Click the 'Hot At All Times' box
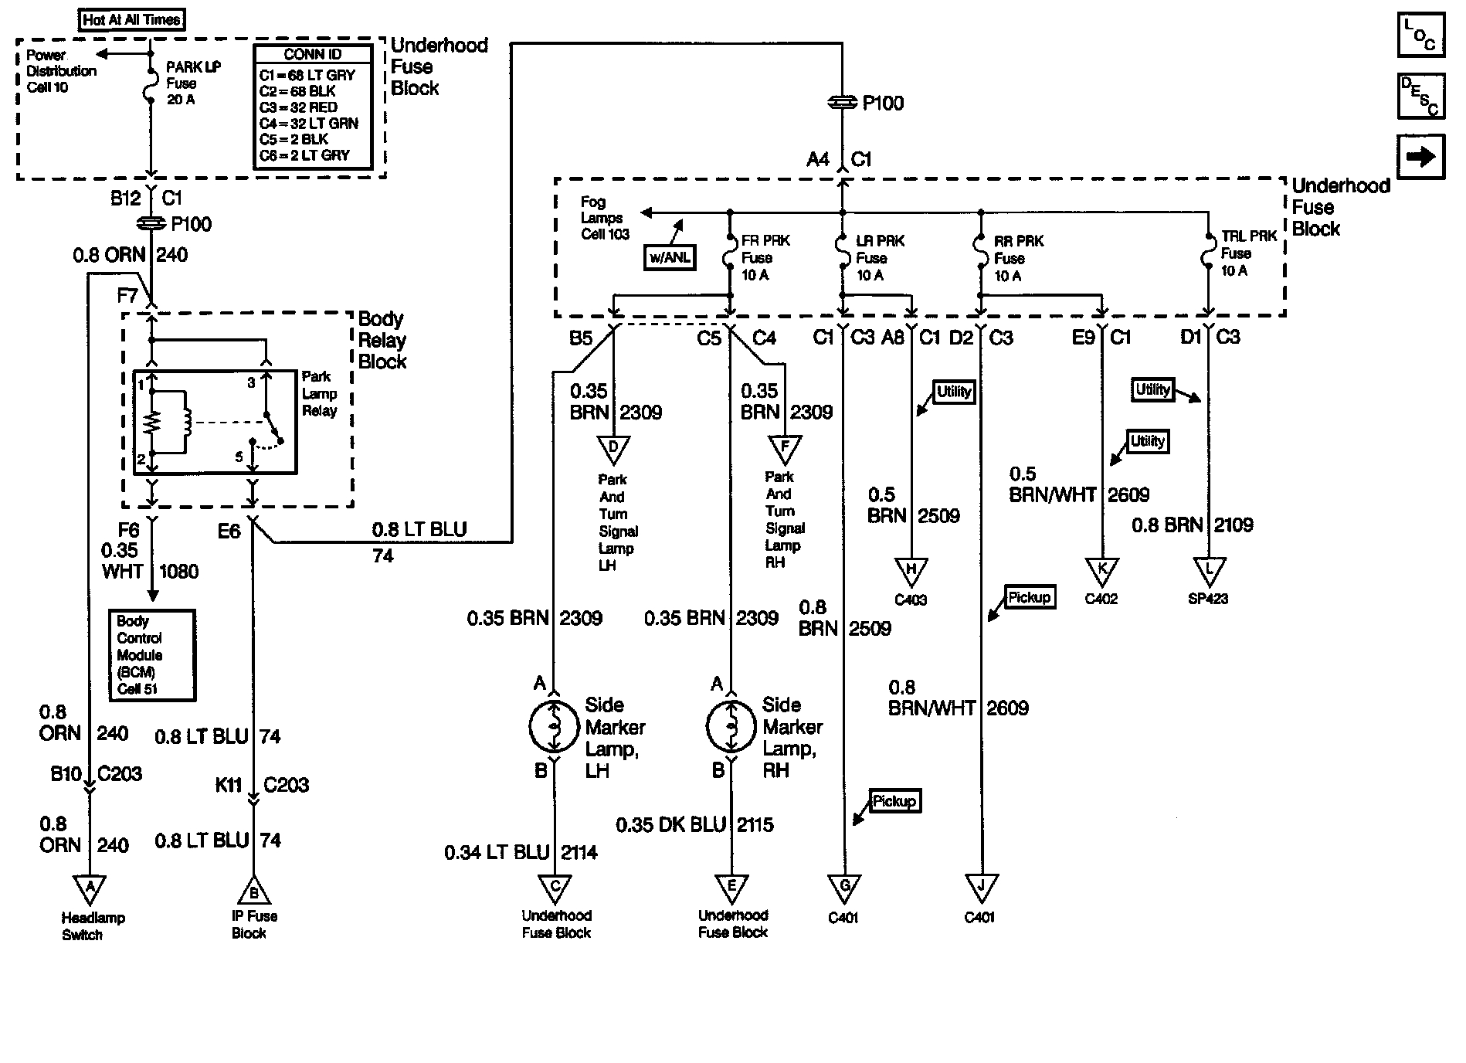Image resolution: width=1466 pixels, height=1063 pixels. click(132, 19)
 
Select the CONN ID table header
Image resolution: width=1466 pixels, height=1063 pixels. click(313, 54)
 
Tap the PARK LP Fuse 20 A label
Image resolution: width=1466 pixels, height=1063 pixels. click(193, 83)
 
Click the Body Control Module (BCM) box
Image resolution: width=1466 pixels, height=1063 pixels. click(151, 655)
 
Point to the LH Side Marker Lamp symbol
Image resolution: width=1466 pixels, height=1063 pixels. click(554, 726)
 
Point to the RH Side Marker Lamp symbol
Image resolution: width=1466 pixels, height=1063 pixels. click(731, 726)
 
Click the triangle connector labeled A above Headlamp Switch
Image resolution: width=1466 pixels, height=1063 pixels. click(90, 888)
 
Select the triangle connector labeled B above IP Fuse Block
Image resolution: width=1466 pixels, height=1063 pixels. click(253, 891)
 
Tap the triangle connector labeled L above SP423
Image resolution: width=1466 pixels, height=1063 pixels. click(1209, 572)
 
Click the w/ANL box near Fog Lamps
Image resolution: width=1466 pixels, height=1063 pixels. click(669, 257)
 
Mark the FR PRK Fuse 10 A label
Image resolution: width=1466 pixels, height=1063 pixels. click(765, 258)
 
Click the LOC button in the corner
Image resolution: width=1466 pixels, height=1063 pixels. click(1420, 36)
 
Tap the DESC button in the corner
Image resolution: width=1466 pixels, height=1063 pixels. click(1420, 96)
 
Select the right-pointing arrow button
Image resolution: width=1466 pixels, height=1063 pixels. click(1420, 157)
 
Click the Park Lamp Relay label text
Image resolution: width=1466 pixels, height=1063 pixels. click(319, 393)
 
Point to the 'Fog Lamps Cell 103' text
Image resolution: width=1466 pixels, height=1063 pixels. click(605, 218)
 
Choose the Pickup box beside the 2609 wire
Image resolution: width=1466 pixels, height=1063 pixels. click(1030, 597)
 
